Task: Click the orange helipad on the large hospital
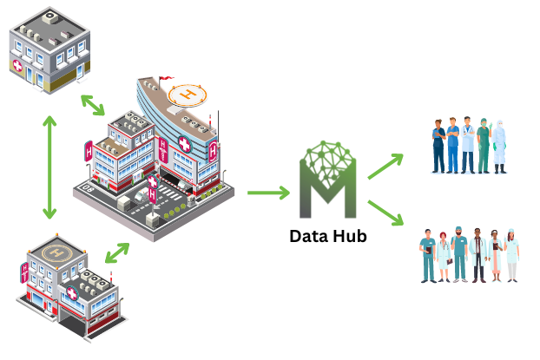pyautogui.click(x=187, y=93)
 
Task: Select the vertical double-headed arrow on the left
pyautogui.click(x=49, y=167)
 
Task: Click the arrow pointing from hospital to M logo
pyautogui.click(x=268, y=193)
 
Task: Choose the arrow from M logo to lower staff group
pyautogui.click(x=385, y=213)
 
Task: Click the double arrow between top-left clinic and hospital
pyautogui.click(x=93, y=104)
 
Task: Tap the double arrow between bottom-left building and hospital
pyautogui.click(x=116, y=253)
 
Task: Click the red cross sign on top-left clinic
pyautogui.click(x=17, y=66)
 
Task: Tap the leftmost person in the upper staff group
pyautogui.click(x=439, y=146)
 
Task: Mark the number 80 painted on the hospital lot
pyautogui.click(x=88, y=187)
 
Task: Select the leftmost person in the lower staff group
pyautogui.click(x=427, y=256)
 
